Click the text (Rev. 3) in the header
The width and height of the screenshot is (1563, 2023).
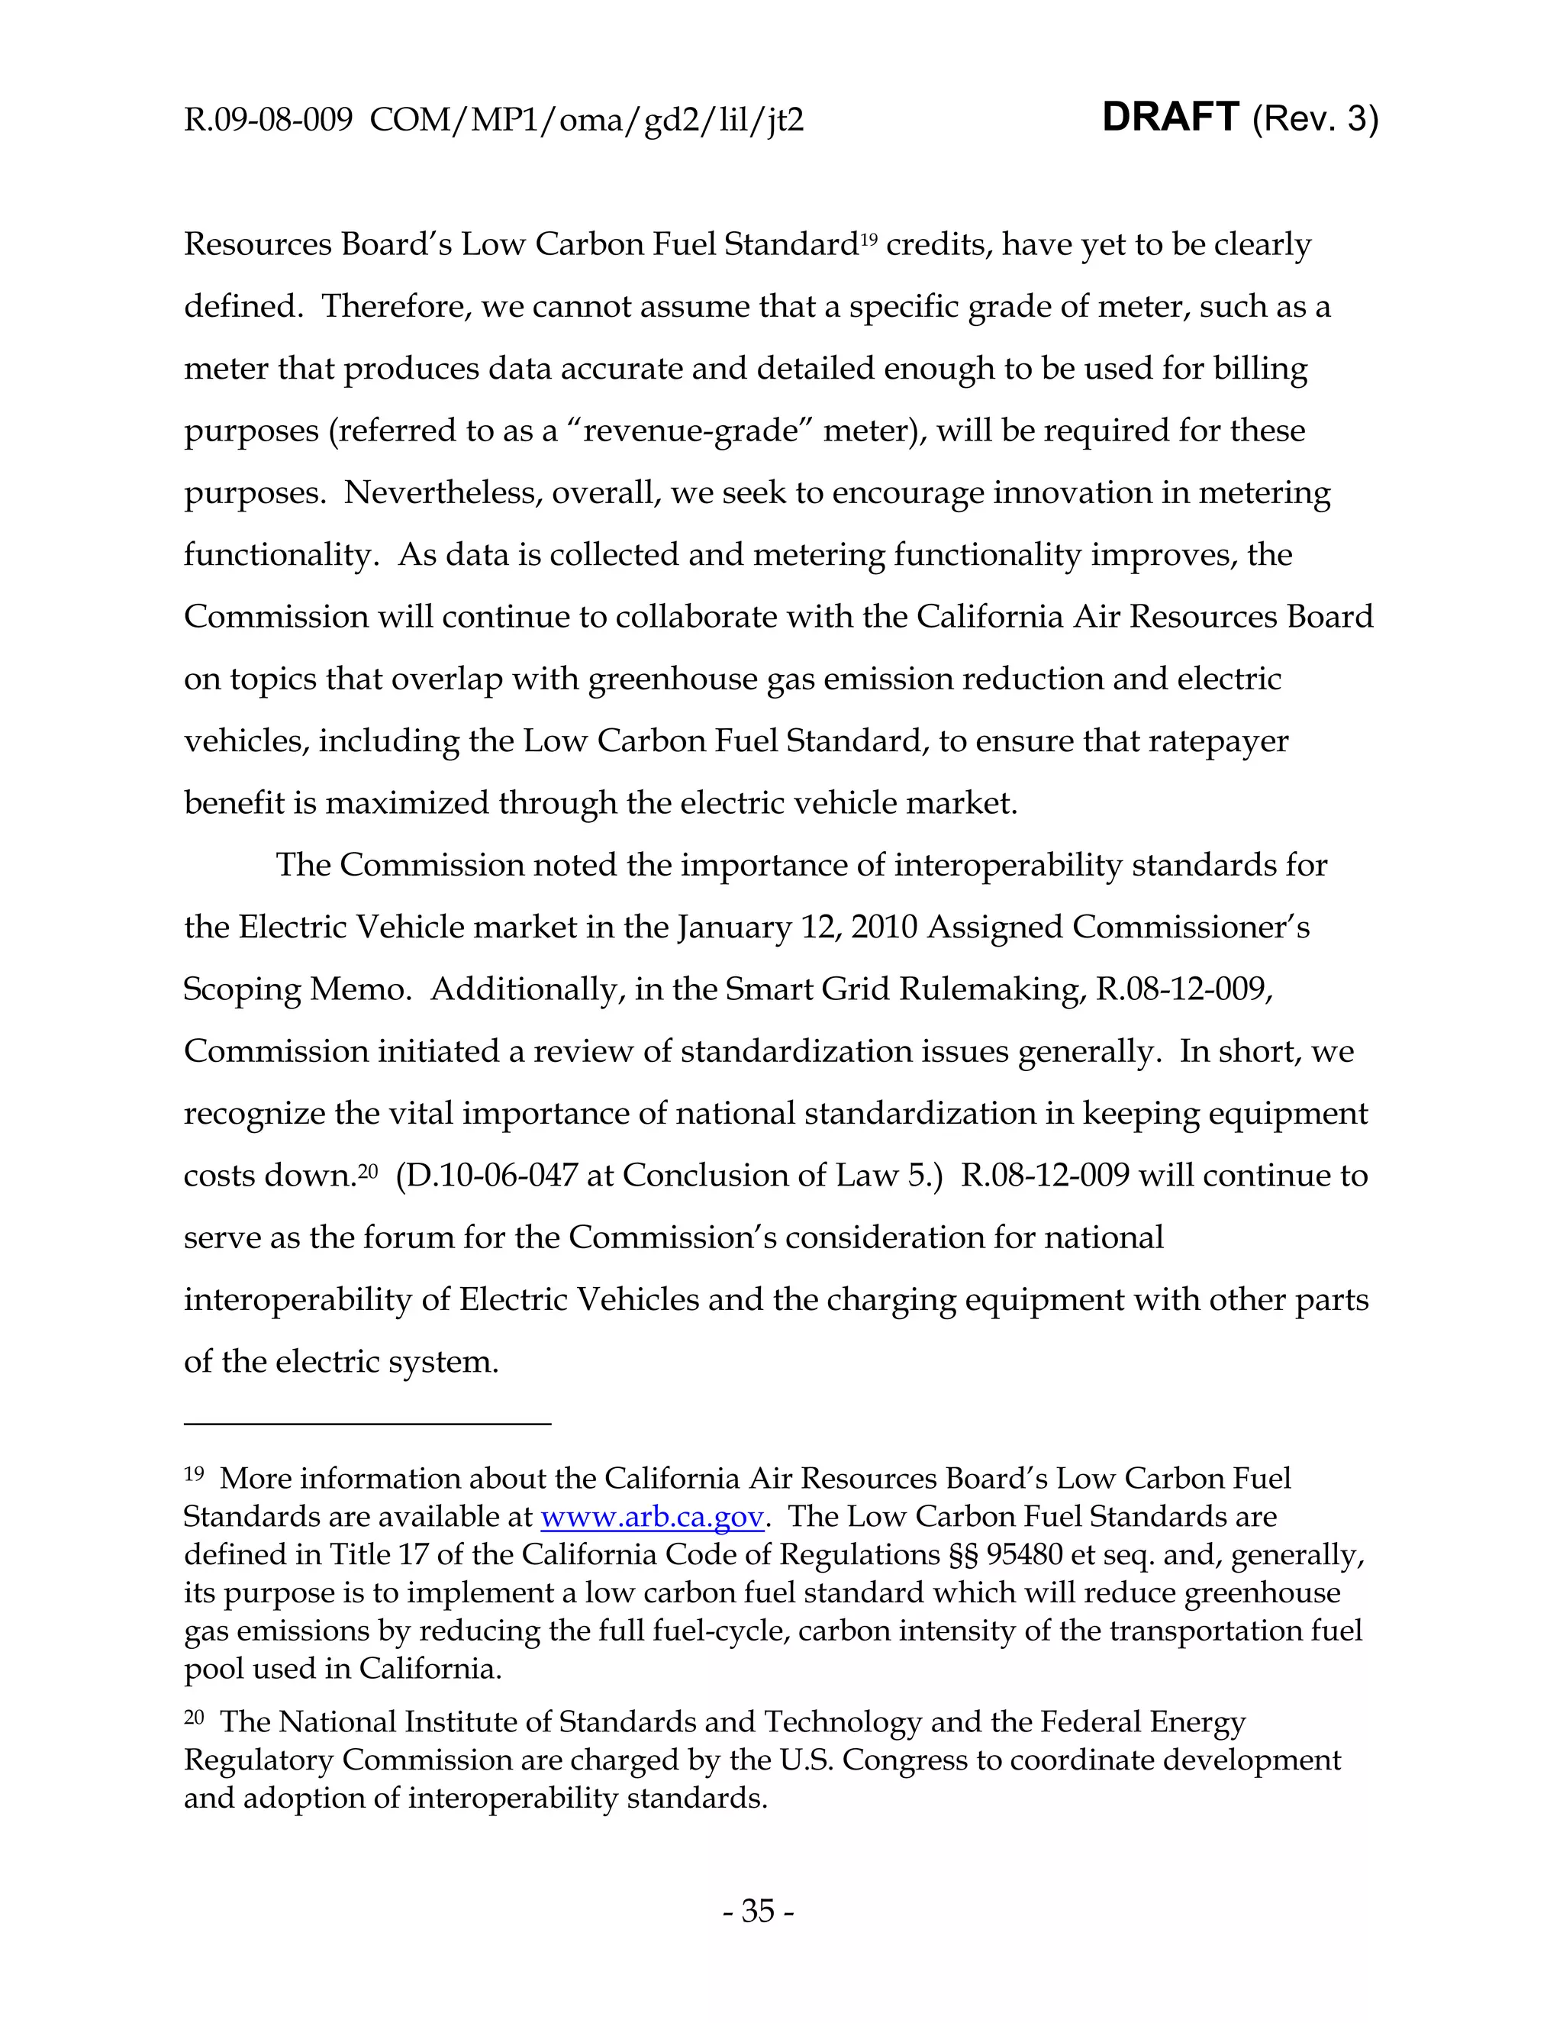click(x=1314, y=120)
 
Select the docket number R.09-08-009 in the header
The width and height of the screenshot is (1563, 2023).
click(x=268, y=121)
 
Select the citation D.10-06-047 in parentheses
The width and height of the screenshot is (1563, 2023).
click(x=496, y=1176)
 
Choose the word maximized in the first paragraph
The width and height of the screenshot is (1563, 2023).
click(x=407, y=803)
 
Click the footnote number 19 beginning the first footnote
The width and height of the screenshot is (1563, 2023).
click(x=194, y=1475)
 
